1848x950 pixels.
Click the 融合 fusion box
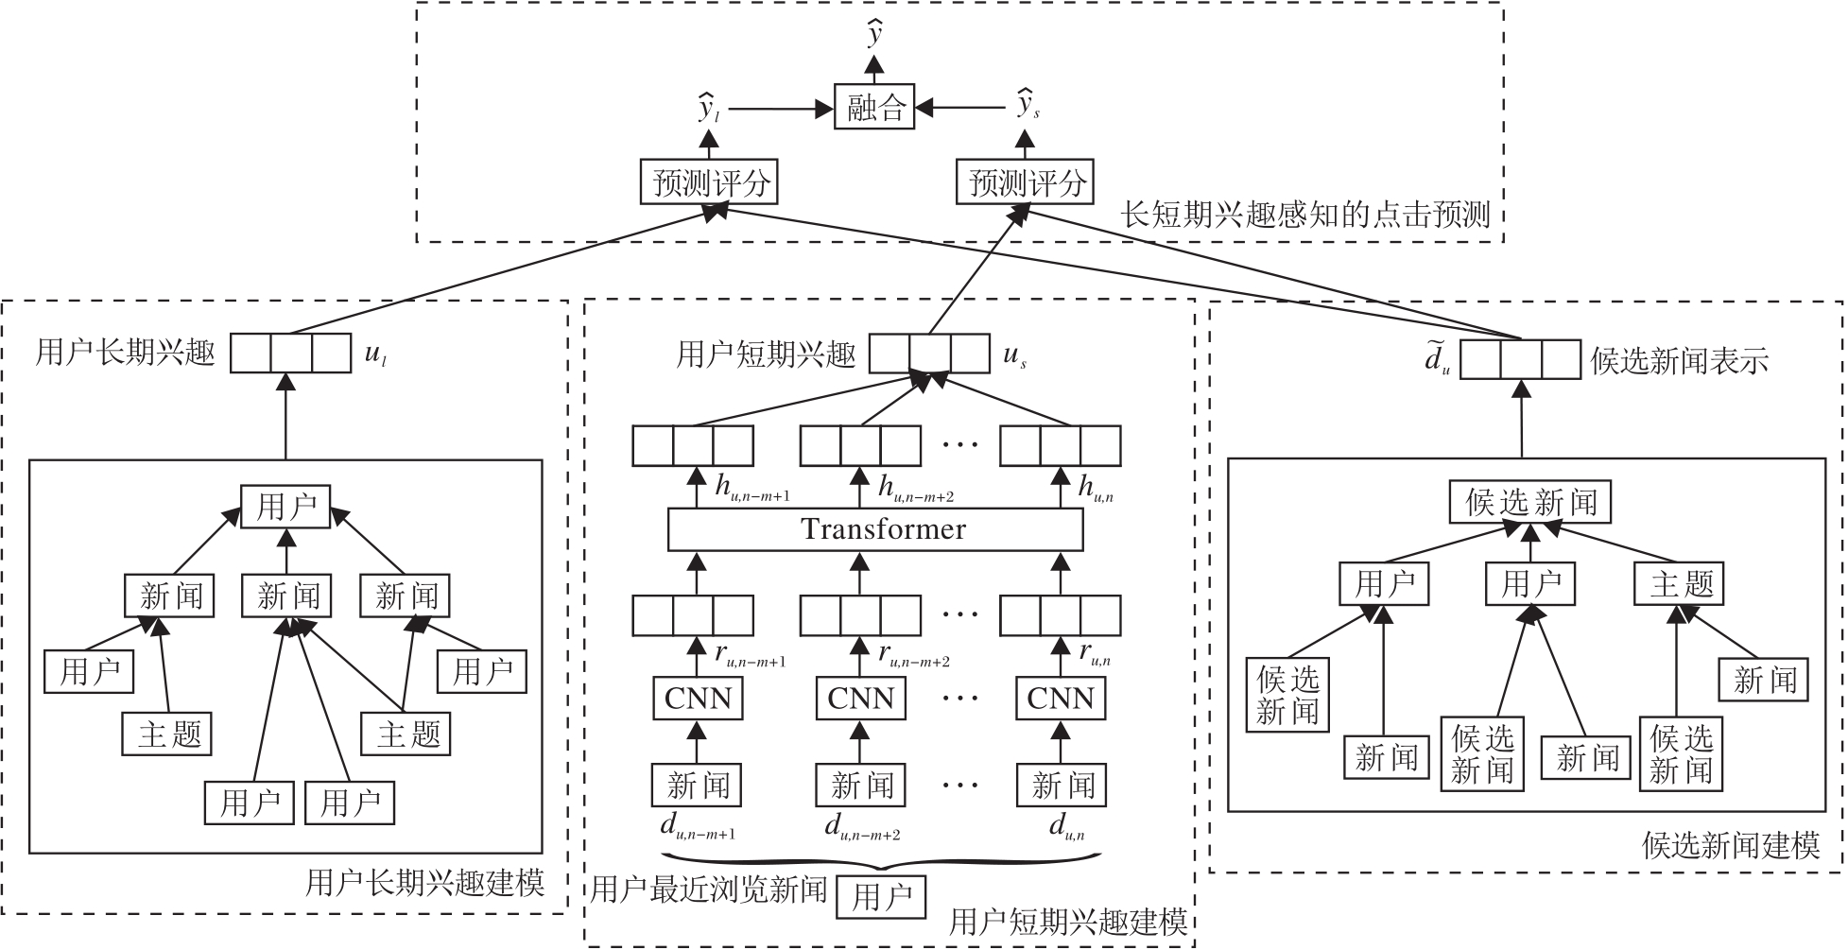(x=874, y=108)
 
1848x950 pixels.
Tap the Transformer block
(x=875, y=529)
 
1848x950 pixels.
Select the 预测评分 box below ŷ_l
(x=709, y=182)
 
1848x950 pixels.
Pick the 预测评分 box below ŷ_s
(x=1025, y=182)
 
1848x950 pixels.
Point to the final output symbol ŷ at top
(x=875, y=35)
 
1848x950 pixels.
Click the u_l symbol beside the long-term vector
(x=374, y=355)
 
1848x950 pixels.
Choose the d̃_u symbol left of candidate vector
(x=1437, y=360)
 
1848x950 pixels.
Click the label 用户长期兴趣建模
(x=425, y=883)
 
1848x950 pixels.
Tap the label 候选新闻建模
(x=1731, y=845)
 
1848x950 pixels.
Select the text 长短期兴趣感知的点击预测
(x=1305, y=216)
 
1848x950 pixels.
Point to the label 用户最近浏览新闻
(x=709, y=890)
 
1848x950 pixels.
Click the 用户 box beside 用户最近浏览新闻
(x=881, y=897)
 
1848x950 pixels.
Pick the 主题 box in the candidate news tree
(x=1681, y=583)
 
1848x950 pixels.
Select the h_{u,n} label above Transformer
(x=1096, y=488)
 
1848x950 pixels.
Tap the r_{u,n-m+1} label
(x=750, y=654)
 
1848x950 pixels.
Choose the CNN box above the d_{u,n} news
(x=1060, y=699)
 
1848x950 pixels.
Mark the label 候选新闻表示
(x=1680, y=361)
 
